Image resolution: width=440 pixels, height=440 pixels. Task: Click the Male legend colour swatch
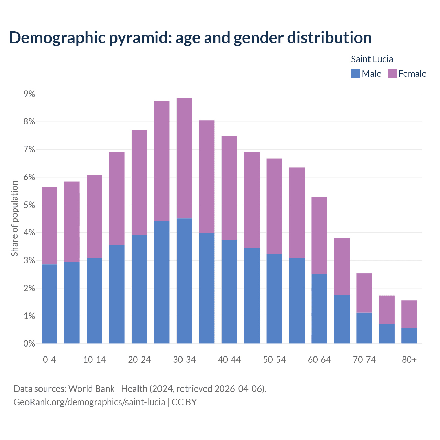pos(355,73)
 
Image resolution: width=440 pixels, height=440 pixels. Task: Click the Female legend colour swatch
pos(392,73)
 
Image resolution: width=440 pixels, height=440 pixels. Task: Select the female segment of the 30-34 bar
pos(184,158)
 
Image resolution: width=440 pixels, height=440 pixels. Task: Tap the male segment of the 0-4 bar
pos(49,304)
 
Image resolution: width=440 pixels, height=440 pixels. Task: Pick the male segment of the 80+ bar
pos(409,336)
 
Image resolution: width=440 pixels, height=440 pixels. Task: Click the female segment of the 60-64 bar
pos(319,235)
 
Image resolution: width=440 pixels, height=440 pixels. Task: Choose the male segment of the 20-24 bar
pos(139,289)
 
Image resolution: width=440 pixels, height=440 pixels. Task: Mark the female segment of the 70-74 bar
pos(364,293)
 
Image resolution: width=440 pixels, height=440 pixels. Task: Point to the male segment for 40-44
pos(229,292)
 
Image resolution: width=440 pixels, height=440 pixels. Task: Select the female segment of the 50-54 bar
pos(274,206)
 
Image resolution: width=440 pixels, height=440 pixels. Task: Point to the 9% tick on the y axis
pos(29,94)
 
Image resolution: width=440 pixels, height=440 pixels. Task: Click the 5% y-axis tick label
pos(29,205)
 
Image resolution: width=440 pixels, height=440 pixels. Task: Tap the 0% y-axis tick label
pos(29,344)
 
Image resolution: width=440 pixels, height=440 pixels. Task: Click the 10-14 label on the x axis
pos(95,360)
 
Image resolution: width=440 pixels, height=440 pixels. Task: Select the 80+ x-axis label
pos(409,360)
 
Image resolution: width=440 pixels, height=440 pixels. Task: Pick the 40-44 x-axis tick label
pos(229,360)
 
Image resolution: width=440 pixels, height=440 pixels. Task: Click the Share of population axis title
pos(14,219)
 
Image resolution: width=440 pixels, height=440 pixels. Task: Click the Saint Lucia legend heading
pos(372,59)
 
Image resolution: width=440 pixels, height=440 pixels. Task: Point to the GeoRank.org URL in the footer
pos(89,402)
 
